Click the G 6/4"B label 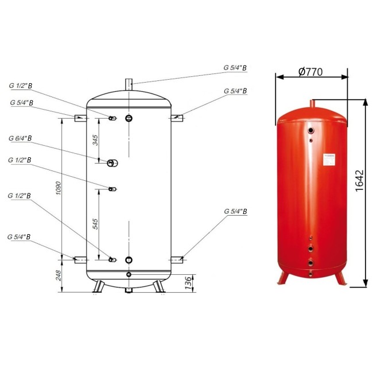(x=20, y=138)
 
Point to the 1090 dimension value (x=57, y=188)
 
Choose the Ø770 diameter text (x=311, y=72)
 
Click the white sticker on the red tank (x=329, y=160)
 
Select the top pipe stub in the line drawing (x=130, y=84)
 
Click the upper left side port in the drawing (x=80, y=118)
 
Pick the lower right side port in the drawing (x=177, y=260)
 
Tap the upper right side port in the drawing (x=177, y=118)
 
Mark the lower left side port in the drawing (x=80, y=260)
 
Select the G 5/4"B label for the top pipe (x=235, y=68)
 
